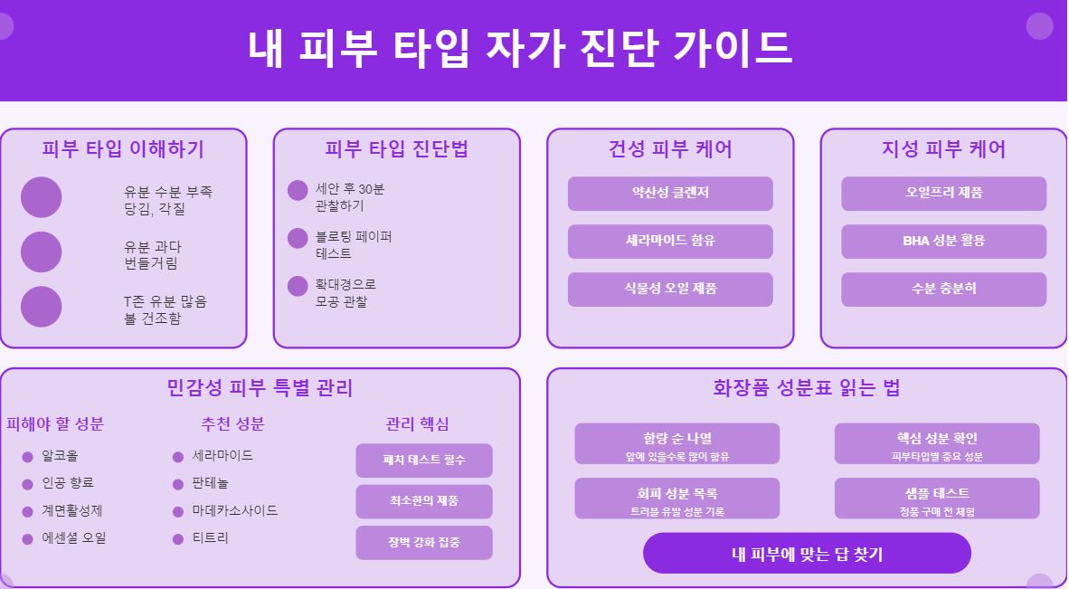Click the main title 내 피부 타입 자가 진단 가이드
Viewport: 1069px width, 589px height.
tap(520, 48)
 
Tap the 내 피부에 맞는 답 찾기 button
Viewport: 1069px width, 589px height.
tap(807, 554)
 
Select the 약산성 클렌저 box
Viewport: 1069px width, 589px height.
tap(670, 194)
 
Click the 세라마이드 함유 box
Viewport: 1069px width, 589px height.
tap(670, 242)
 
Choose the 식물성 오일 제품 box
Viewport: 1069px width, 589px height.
tap(670, 290)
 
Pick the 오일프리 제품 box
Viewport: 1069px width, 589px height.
tap(943, 194)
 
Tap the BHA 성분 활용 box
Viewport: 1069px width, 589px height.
tap(943, 242)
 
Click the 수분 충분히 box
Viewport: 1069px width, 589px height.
tap(943, 290)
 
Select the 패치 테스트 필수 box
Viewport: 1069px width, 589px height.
tap(424, 461)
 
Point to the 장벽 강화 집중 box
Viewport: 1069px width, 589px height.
tap(424, 543)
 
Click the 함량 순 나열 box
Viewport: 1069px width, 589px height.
tap(676, 444)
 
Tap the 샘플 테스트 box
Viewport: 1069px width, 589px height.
tap(937, 499)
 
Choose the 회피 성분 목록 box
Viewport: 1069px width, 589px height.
tap(676, 499)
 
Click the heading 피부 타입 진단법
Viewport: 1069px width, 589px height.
tap(396, 149)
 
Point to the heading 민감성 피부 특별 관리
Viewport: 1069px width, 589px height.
tap(260, 389)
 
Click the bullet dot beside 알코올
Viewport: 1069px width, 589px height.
tap(28, 457)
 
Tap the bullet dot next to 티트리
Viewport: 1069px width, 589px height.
tap(178, 539)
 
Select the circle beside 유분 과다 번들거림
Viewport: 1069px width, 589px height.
tap(41, 252)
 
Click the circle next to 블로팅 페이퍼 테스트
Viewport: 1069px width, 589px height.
tap(298, 239)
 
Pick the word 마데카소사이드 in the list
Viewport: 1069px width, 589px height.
tap(235, 511)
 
